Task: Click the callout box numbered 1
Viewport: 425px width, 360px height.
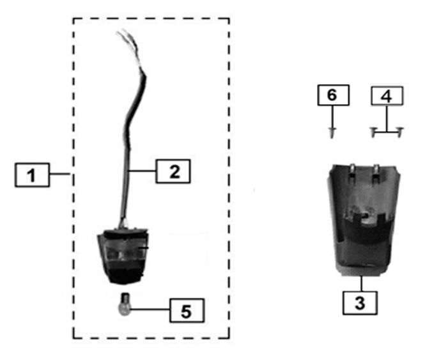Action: tap(32, 175)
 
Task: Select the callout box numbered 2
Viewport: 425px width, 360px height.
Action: tap(173, 171)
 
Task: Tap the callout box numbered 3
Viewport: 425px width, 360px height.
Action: tap(360, 302)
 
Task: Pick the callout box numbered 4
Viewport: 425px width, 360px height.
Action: tap(387, 96)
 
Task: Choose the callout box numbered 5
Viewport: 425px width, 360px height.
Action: tap(187, 311)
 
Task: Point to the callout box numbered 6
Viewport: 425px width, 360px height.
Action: tap(333, 95)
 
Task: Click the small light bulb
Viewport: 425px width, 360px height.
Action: tap(125, 304)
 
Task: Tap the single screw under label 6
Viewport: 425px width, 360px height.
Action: tap(332, 132)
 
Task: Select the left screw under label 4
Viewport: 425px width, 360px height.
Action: tap(373, 132)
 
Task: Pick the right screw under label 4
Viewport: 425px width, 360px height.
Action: tap(400, 132)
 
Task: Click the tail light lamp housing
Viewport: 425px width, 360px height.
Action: tap(123, 256)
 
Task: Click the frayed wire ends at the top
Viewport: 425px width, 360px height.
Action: tap(127, 41)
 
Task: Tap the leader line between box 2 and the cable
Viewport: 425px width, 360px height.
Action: tap(143, 171)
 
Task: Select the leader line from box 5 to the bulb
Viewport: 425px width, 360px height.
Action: tap(150, 309)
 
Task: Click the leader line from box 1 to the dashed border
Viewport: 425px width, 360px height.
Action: tap(60, 174)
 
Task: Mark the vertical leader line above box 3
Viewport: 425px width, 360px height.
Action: tap(362, 284)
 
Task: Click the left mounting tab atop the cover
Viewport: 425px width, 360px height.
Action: tap(352, 171)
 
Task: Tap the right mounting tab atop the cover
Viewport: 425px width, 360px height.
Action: tap(376, 171)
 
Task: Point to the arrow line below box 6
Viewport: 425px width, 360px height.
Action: tap(332, 116)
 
